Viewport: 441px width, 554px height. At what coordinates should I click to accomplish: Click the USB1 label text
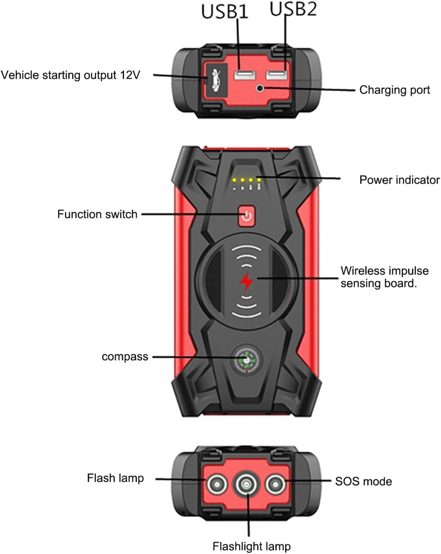225,12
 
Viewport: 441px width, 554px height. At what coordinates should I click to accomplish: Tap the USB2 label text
293,9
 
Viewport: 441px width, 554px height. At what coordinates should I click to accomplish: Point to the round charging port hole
260,88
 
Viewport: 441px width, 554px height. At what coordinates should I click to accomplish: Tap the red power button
247,216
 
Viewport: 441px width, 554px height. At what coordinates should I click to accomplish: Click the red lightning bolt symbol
247,282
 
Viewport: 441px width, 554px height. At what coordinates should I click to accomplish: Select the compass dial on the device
247,359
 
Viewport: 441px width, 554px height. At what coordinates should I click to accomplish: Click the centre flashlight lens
246,484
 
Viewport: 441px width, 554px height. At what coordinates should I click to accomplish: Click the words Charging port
394,90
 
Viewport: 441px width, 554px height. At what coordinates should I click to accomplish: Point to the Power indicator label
399,180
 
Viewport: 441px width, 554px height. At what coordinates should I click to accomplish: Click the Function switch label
97,214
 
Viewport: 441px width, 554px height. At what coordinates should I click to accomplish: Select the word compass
125,357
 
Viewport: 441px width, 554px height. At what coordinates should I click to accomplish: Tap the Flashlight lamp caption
252,546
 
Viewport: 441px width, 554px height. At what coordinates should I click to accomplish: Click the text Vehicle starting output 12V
71,75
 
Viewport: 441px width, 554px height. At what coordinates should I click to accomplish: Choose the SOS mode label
363,481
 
